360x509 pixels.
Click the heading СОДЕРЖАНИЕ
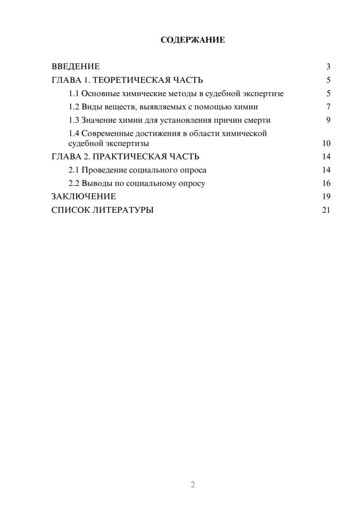click(193, 40)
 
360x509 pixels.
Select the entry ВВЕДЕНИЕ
click(76, 67)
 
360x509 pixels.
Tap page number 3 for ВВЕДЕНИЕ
click(328, 67)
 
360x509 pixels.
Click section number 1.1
click(74, 94)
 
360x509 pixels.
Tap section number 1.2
click(74, 107)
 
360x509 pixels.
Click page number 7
click(328, 107)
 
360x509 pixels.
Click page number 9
click(328, 120)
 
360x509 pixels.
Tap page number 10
click(326, 143)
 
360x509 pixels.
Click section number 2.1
click(74, 170)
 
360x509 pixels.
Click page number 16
click(326, 183)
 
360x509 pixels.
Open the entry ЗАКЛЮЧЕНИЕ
click(84, 197)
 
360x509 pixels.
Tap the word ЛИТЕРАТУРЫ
click(123, 210)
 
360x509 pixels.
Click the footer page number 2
click(193, 485)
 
